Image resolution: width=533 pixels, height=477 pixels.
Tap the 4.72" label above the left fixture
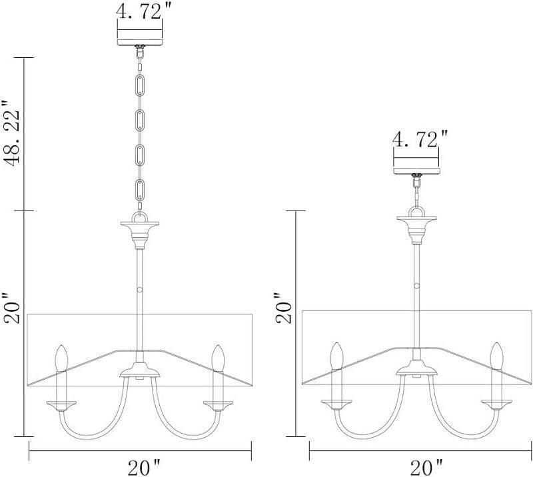click(140, 12)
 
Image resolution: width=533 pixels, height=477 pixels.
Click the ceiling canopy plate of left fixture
click(140, 41)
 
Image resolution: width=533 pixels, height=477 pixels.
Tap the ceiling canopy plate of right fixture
click(416, 171)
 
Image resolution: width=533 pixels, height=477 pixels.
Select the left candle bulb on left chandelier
click(61, 358)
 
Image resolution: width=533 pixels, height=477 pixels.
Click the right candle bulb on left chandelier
click(217, 358)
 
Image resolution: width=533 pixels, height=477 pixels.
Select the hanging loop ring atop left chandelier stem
click(140, 217)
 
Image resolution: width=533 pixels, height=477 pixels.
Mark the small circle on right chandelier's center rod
click(416, 285)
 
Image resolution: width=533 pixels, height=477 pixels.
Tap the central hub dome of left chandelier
click(140, 370)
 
